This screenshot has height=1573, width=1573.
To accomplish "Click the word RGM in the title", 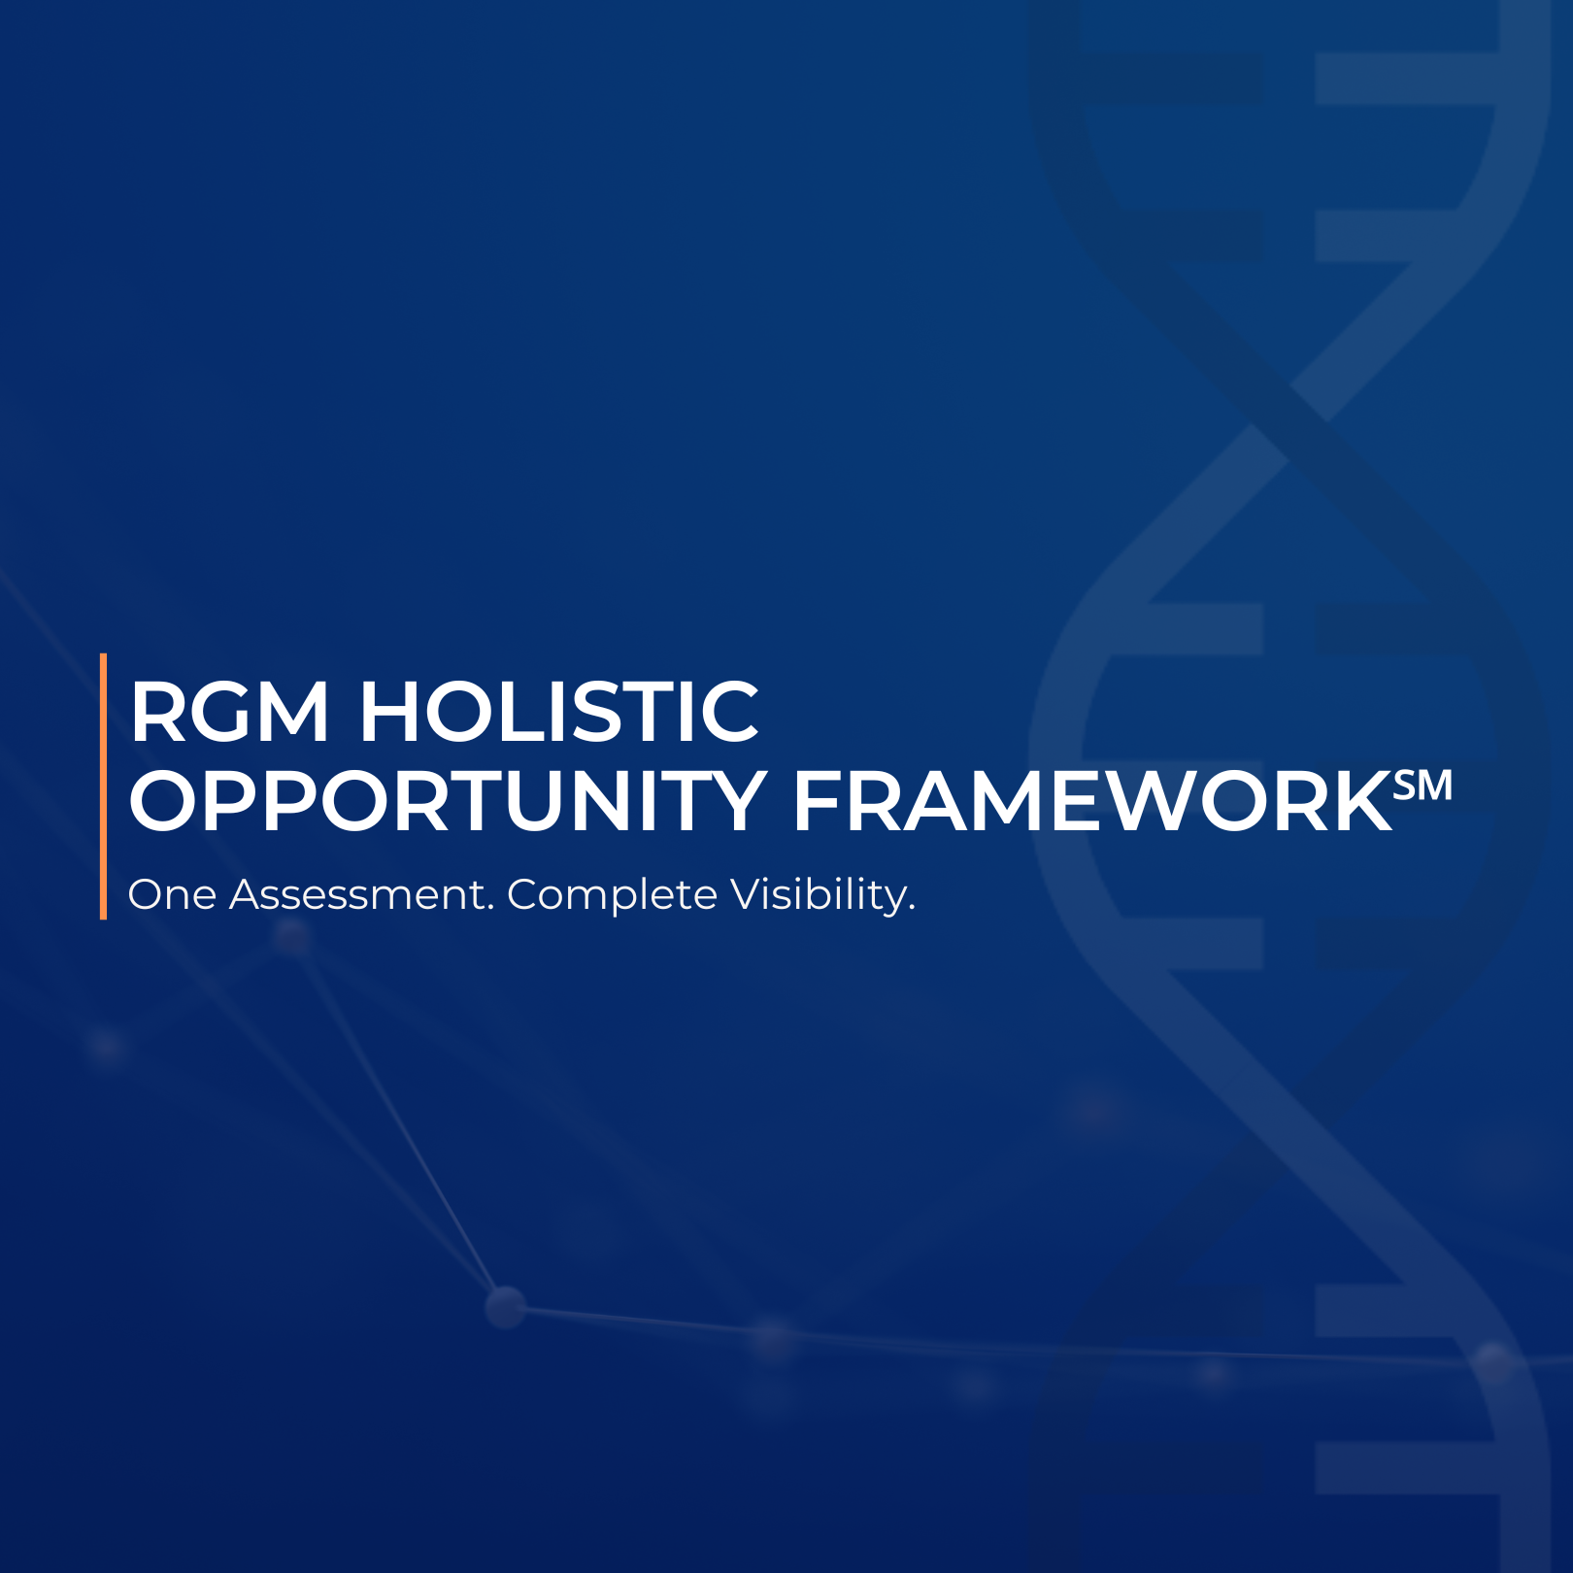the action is tap(229, 712).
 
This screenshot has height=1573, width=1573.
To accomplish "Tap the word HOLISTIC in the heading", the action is tap(559, 712).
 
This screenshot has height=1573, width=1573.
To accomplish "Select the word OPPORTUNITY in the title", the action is tap(448, 801).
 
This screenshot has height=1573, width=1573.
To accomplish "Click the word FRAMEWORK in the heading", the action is tap(1093, 801).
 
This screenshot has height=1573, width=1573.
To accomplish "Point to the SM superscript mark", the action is tap(1423, 785).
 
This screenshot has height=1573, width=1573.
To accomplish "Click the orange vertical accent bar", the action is tap(103, 786).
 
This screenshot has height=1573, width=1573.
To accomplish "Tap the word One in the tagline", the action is tap(172, 895).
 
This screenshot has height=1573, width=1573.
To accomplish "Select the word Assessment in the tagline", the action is tap(356, 895).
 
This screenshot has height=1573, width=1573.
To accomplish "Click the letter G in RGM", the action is tap(221, 712).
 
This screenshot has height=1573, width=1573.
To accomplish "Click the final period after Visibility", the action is tap(912, 909).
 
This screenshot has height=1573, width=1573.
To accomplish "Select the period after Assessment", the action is tap(490, 909).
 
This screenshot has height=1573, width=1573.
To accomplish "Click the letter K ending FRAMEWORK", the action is tap(1361, 801).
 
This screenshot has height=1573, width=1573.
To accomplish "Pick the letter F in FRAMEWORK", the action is tap(819, 801).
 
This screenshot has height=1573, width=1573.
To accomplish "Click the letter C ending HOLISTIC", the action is tap(729, 712).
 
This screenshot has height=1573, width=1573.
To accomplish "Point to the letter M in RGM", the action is tap(293, 712).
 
